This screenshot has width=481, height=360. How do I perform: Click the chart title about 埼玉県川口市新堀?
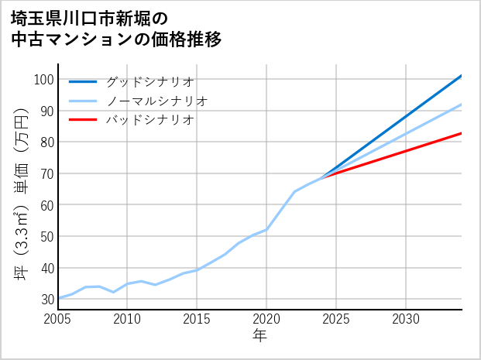pos(116,28)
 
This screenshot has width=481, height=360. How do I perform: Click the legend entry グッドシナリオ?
pos(149,81)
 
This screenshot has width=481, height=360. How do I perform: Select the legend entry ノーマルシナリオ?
pos(156,101)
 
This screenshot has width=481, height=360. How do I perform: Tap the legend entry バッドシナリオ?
pos(149,120)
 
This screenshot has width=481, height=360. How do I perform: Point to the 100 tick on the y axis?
pos(44,80)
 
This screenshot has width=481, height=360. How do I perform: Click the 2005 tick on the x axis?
pos(58,319)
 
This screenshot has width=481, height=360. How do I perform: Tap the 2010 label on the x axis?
pos(128,319)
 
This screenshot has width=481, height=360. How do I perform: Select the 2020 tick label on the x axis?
pos(266,319)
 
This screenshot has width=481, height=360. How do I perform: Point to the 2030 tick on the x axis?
pos(406,319)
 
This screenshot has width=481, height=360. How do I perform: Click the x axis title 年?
pos(260,336)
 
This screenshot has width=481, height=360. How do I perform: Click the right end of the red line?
pos(462,133)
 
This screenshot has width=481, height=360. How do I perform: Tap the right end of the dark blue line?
pos(462,76)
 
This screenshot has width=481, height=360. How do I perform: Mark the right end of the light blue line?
pos(462,105)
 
